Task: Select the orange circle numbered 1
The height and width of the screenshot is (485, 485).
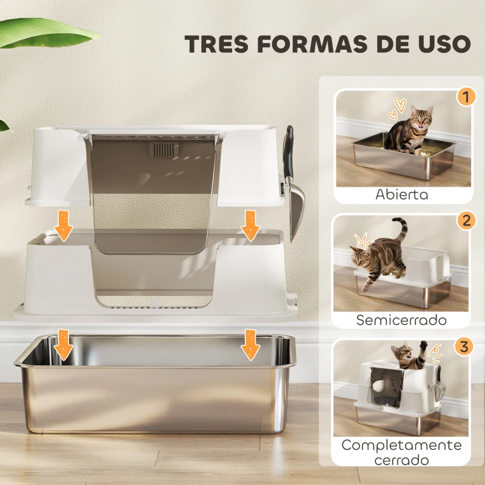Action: click(x=465, y=96)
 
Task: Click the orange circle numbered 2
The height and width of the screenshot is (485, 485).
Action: click(x=465, y=220)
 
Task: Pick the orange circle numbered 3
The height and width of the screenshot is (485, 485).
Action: click(x=464, y=347)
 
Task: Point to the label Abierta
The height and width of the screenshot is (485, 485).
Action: click(x=401, y=195)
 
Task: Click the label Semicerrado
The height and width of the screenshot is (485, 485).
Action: click(x=401, y=319)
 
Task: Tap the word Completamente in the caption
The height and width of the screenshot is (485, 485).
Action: click(x=401, y=445)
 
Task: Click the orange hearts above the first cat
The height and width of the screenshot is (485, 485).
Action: click(x=396, y=107)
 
